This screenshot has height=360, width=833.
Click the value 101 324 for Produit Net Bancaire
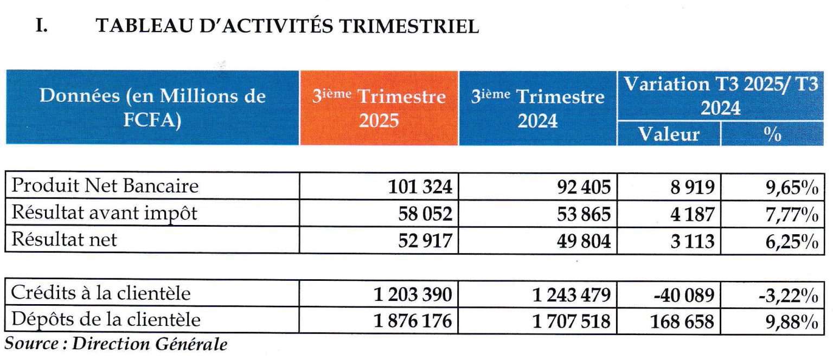pos(420,187)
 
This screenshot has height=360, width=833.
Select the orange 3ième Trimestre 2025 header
pos(379,108)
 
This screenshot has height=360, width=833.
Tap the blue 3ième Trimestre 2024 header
pos(537,108)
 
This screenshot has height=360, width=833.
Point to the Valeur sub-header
pos(669,134)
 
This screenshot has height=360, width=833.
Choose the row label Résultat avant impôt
pos(104,213)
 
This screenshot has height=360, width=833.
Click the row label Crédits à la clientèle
pos(101,293)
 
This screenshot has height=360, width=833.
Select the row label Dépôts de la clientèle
pos(106,320)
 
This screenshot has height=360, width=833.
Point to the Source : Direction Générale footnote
pos(116,344)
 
